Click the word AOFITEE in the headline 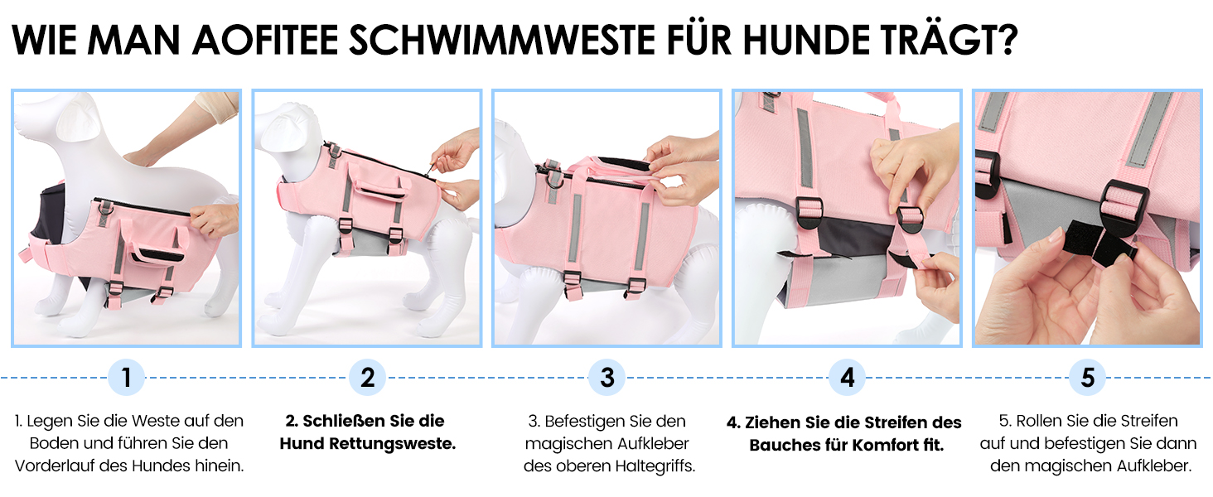[264, 40]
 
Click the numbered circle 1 [126, 378]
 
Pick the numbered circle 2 [367, 378]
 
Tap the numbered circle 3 [607, 378]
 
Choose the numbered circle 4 [848, 378]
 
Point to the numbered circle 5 [1087, 378]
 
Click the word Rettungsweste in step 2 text [392, 444]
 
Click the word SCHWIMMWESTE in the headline [501, 40]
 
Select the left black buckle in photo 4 [810, 215]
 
